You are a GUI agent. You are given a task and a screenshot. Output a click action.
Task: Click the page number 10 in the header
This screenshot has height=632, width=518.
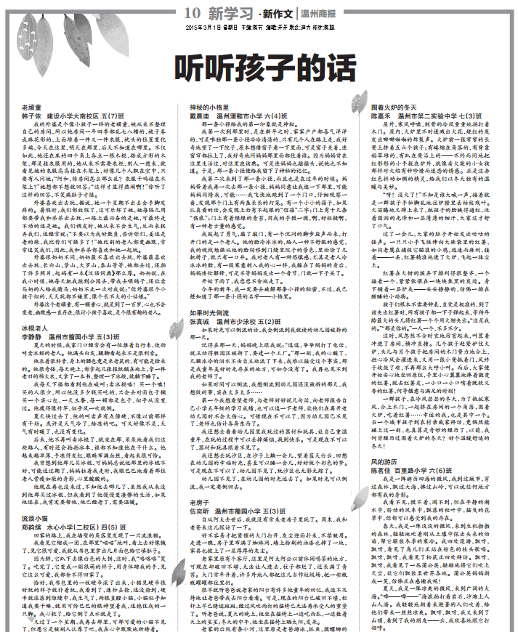click(x=192, y=13)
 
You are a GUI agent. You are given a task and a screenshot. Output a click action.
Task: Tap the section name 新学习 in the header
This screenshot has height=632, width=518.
click(x=229, y=13)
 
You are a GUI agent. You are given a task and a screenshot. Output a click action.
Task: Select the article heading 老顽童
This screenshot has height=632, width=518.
click(x=32, y=108)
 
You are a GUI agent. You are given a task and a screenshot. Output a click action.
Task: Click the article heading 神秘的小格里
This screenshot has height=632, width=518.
click(x=209, y=108)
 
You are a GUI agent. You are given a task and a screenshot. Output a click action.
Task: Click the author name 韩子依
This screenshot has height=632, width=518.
click(x=31, y=116)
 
